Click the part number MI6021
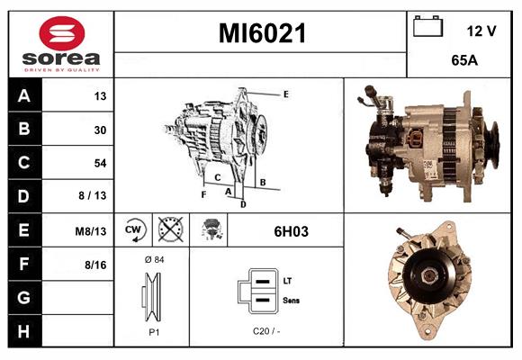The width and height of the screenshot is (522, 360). coord(262,33)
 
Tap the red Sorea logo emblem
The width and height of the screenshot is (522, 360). coord(62,33)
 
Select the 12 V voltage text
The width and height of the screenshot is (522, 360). coord(481,31)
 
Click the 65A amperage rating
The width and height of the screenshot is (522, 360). coord(464,60)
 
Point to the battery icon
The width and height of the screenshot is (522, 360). coord(427,26)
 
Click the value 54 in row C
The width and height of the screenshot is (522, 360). coord(100,163)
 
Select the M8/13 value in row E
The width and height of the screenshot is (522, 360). coord(91,231)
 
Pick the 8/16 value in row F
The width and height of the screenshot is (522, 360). coord(95,265)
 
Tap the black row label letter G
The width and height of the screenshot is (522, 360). coord(23,297)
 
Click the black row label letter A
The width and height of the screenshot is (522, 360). coord(24,96)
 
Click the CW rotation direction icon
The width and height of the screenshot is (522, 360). coord(135,229)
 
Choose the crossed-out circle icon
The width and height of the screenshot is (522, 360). coord(171,229)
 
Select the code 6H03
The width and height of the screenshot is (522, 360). coord(291,231)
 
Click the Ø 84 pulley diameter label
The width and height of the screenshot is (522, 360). coord(155,259)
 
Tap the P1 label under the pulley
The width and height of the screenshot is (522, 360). coord(154,332)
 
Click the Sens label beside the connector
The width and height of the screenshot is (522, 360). coord(291,301)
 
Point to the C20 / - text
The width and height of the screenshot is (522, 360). coord(266,331)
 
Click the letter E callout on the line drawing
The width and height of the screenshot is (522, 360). coord(285,94)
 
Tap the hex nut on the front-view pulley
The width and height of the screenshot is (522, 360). coord(428,275)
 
